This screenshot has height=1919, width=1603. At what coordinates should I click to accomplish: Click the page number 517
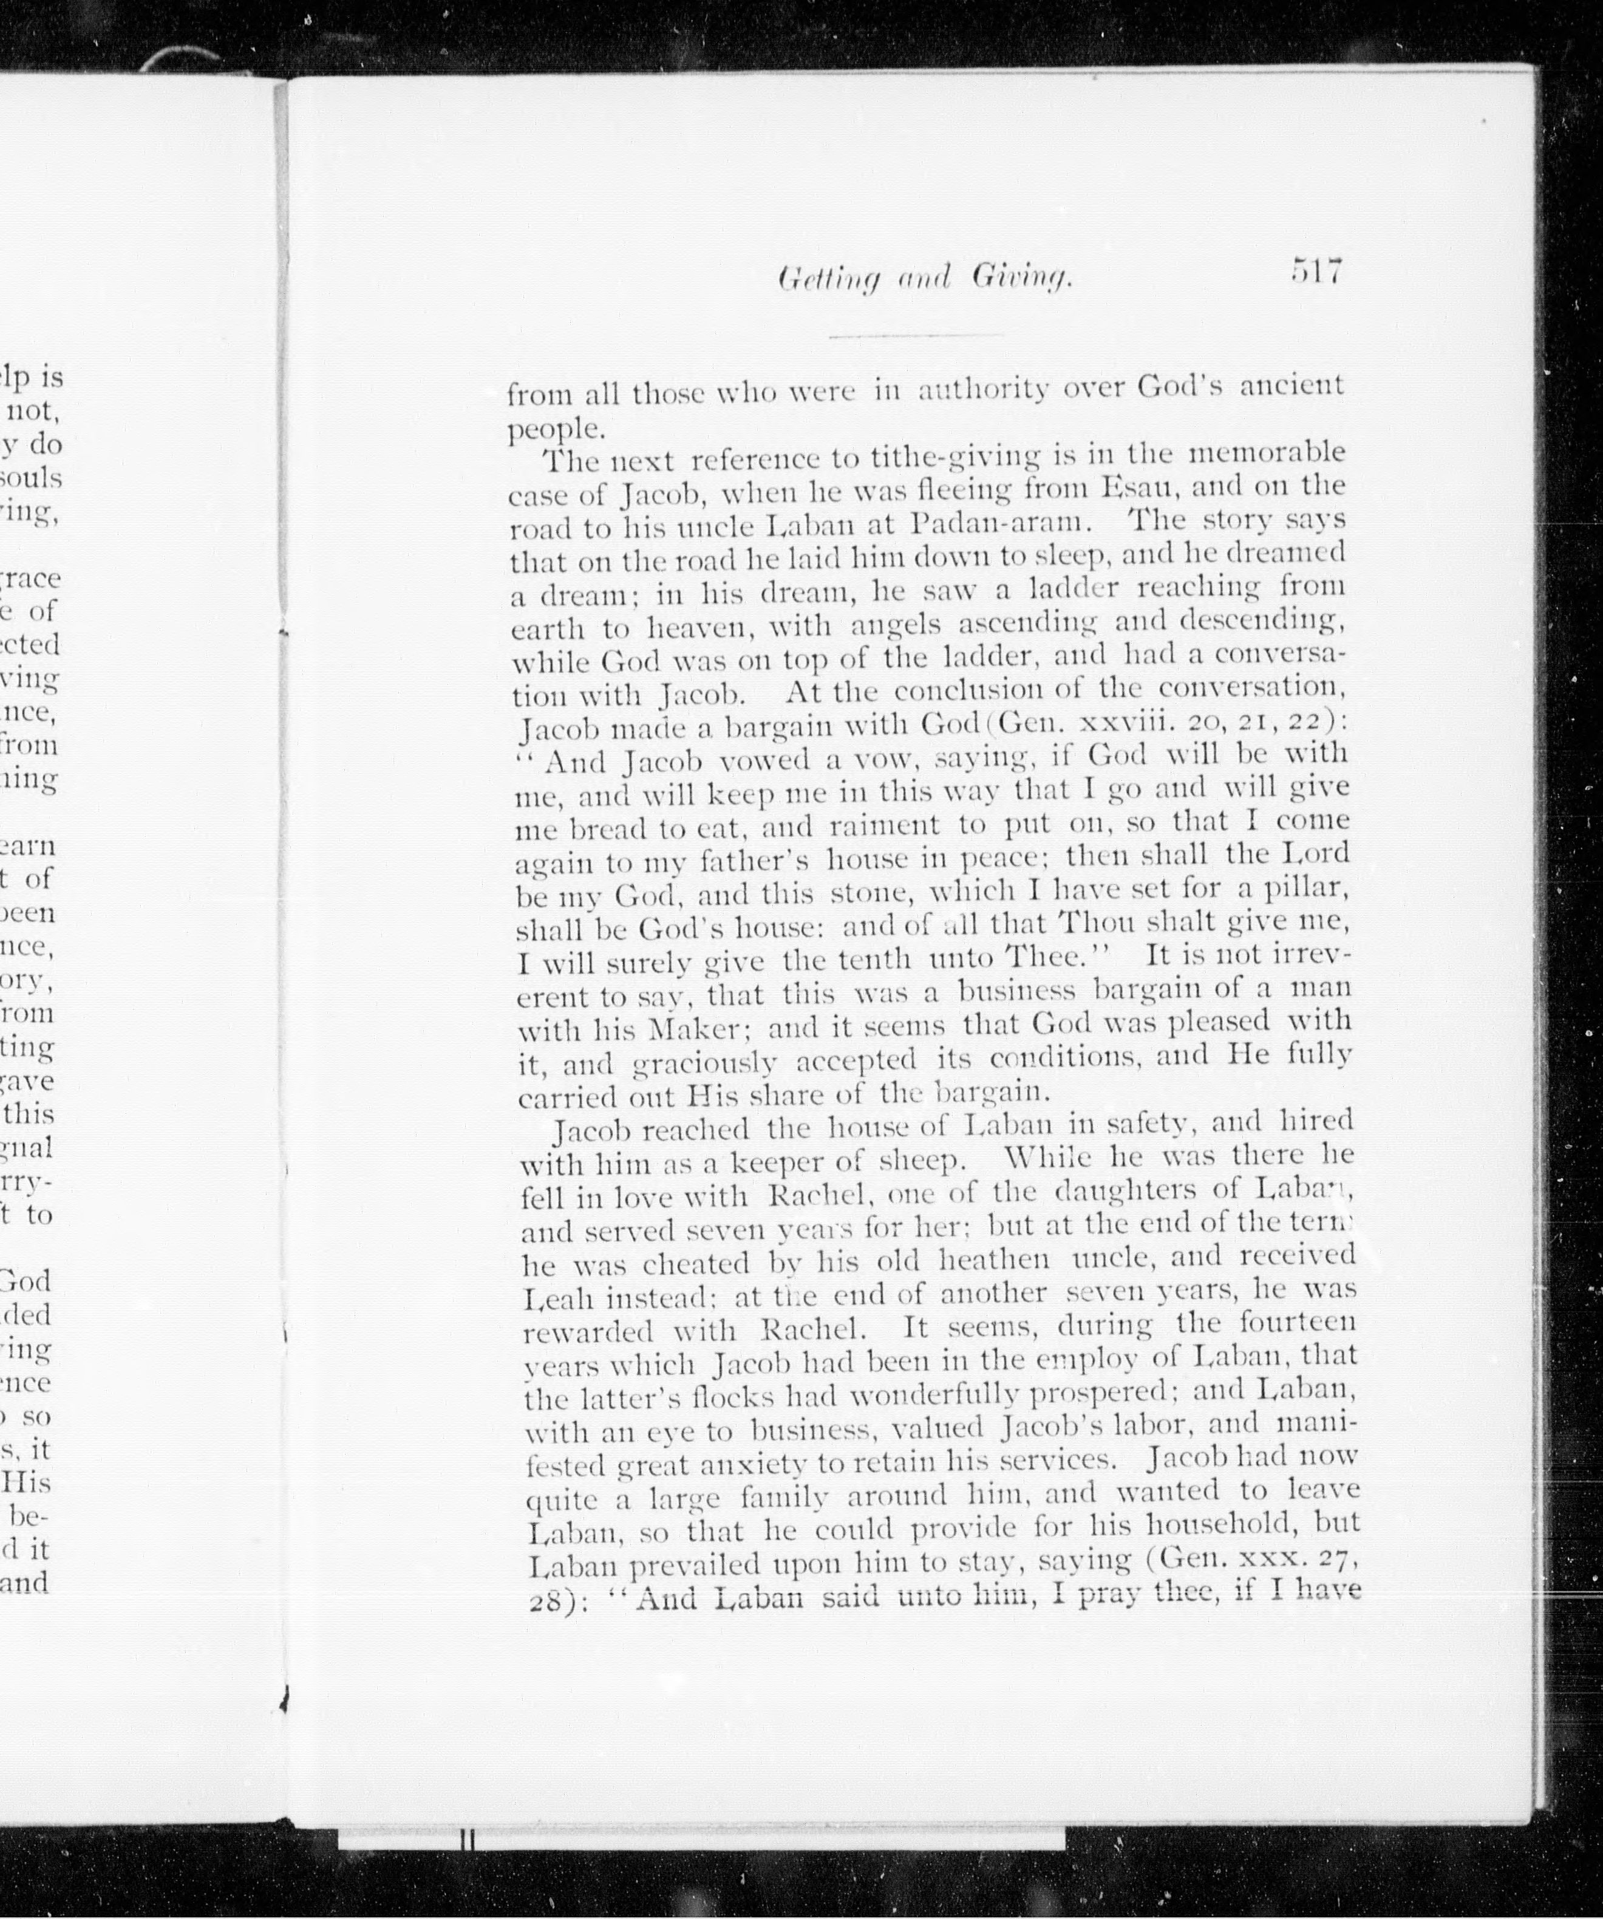click(1316, 272)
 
